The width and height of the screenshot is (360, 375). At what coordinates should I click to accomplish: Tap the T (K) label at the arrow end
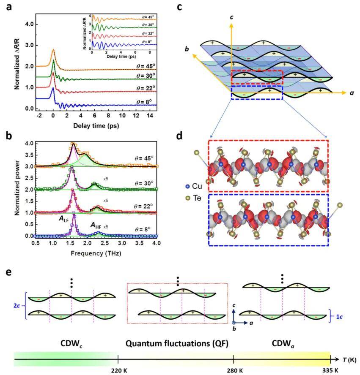(x=350, y=360)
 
